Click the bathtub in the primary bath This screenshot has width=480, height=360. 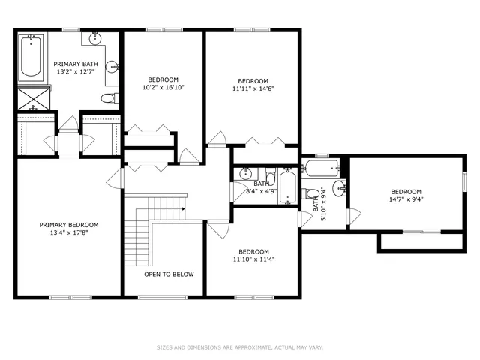(x=31, y=58)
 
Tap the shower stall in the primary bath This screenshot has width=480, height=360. (x=32, y=97)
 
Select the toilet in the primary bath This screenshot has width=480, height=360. (x=109, y=97)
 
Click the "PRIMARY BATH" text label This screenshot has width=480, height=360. (x=74, y=64)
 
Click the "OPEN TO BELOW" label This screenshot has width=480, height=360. (x=169, y=274)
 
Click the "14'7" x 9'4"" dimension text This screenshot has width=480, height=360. (x=405, y=200)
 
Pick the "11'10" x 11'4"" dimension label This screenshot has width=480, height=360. (x=253, y=260)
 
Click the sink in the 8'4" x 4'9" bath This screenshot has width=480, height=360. (x=245, y=174)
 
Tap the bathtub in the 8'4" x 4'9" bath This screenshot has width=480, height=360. (x=287, y=187)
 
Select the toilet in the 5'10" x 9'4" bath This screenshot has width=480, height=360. (x=312, y=194)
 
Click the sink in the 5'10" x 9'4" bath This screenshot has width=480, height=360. (x=338, y=187)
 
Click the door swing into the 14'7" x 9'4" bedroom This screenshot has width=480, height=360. (x=353, y=216)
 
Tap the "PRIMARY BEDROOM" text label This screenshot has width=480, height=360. (x=69, y=225)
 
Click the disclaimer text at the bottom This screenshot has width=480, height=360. (x=239, y=347)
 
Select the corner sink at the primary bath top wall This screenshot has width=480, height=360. (x=96, y=38)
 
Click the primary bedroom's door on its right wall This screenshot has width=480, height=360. (x=115, y=178)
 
